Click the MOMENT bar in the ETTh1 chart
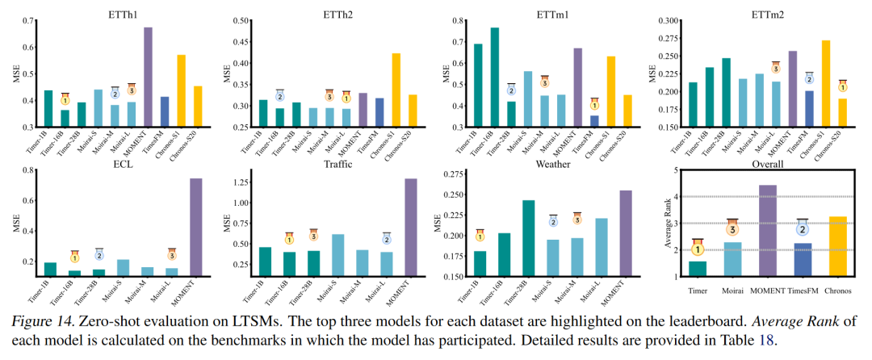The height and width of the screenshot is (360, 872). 148,77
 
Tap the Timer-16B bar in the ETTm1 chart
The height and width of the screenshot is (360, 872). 494,77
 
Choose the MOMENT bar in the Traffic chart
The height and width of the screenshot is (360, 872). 411,227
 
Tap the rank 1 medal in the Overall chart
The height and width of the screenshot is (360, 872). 697,249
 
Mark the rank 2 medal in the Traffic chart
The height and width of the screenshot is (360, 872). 387,239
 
